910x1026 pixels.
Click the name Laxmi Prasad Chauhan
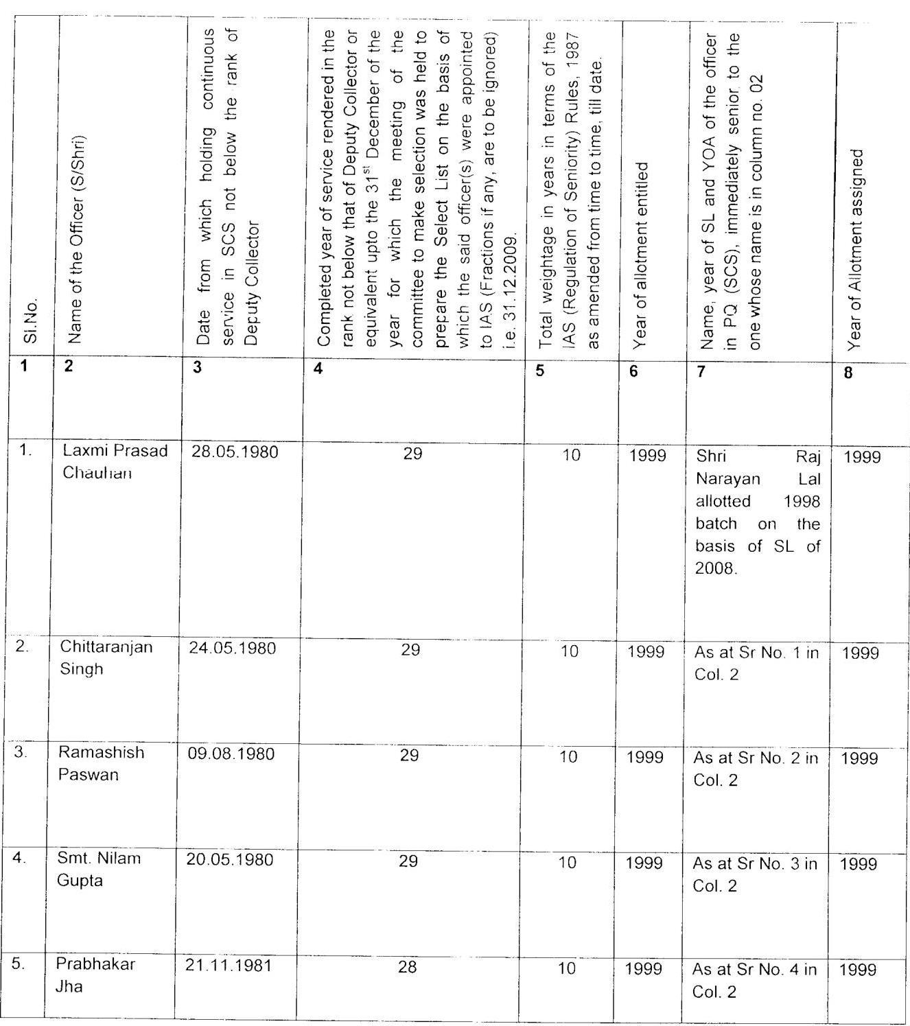[115, 462]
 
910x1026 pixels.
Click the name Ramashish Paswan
[101, 763]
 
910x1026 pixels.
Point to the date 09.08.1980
[231, 754]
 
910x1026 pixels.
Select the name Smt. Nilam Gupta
[99, 869]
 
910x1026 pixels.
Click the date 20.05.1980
[230, 860]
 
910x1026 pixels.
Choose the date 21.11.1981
[229, 966]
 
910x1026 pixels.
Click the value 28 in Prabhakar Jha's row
[407, 967]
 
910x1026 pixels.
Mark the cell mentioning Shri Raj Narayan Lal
[758, 513]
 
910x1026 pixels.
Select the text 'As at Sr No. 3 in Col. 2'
[755, 874]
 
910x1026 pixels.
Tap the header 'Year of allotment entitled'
[641, 254]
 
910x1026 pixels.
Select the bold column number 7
[701, 371]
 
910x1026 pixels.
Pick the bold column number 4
[317, 369]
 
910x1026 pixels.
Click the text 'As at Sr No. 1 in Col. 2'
[756, 663]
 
